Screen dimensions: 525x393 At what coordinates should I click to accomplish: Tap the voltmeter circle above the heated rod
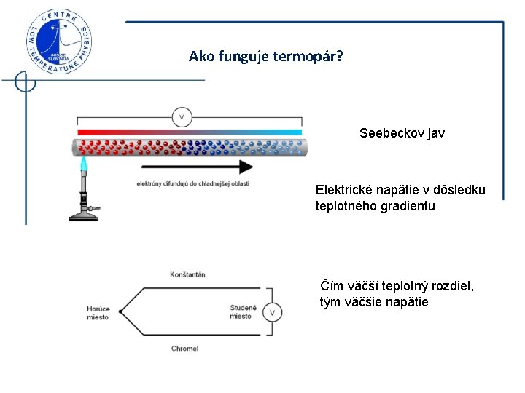click(x=182, y=116)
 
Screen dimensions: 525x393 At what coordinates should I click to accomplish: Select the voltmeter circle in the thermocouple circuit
click(x=272, y=313)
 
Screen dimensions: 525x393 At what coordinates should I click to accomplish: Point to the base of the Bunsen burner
click(x=85, y=215)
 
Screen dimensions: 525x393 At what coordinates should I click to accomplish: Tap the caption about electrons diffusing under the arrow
click(x=192, y=183)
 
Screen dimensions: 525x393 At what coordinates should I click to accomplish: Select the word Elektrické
click(x=344, y=190)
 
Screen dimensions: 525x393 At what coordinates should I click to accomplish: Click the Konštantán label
click(x=187, y=274)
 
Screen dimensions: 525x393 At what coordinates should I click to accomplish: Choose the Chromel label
click(x=185, y=349)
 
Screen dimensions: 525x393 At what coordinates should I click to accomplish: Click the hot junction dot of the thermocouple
click(x=120, y=312)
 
